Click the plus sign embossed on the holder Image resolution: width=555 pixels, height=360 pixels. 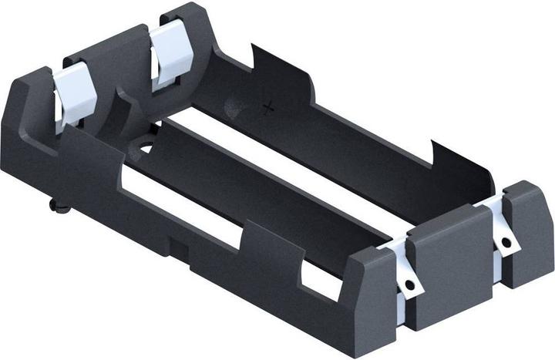(x=268, y=108)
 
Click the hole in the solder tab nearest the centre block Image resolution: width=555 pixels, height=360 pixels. (x=410, y=284)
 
